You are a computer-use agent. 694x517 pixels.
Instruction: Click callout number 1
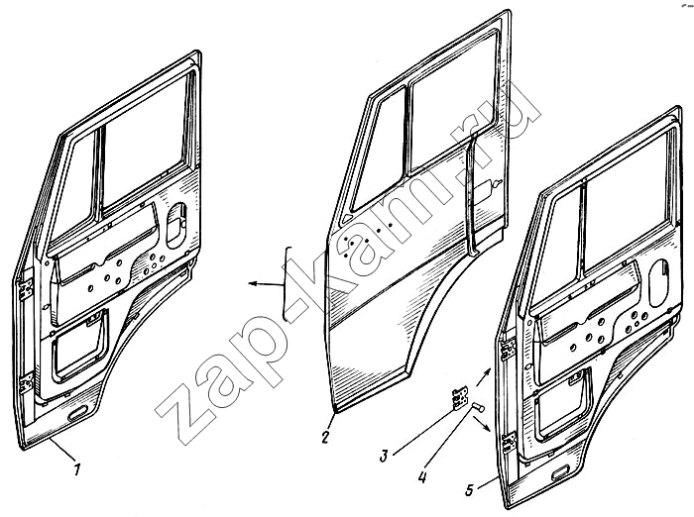coord(77,468)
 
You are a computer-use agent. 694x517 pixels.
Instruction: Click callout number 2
coord(325,438)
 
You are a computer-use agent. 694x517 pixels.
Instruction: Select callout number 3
coord(384,456)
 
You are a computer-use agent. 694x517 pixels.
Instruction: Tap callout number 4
coord(422,476)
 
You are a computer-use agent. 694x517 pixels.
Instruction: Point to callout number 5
coord(470,489)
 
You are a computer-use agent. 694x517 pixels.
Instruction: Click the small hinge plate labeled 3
coord(460,396)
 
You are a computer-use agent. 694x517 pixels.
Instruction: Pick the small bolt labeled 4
coord(478,407)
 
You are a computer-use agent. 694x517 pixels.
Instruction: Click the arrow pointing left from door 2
coord(266,284)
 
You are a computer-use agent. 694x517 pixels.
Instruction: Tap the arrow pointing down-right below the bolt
coord(483,426)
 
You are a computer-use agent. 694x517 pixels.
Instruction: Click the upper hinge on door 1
coord(25,289)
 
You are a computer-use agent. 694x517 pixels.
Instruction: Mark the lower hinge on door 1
coord(27,382)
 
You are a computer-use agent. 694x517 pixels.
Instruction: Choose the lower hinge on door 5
coord(509,443)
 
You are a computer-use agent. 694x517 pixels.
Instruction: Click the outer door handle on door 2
coord(488,186)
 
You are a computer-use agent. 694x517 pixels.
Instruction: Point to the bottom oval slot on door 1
coord(77,415)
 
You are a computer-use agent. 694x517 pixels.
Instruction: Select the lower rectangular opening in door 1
coord(78,348)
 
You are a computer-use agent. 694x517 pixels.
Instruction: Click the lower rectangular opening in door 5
coord(563,406)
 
